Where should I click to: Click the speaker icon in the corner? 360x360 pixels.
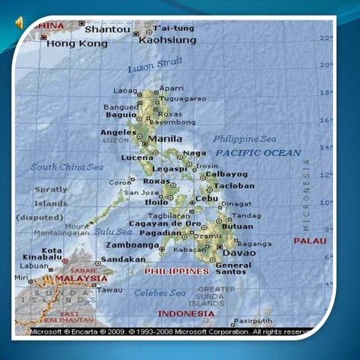pos(18,23)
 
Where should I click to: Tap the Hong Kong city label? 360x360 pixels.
pos(77,44)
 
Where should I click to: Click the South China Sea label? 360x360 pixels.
pos(67,166)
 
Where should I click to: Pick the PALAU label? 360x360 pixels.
pos(310,241)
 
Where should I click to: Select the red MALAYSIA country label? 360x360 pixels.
pos(81,278)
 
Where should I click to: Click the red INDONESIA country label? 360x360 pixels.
pos(186,313)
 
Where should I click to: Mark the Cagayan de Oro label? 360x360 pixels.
pos(165,223)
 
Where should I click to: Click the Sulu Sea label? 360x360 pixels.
pos(112,232)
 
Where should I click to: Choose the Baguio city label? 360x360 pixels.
pos(121,115)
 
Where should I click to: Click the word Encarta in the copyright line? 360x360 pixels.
pos(87,331)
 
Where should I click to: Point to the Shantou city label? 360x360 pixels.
pos(107,30)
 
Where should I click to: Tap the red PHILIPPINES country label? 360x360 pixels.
pos(176,271)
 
